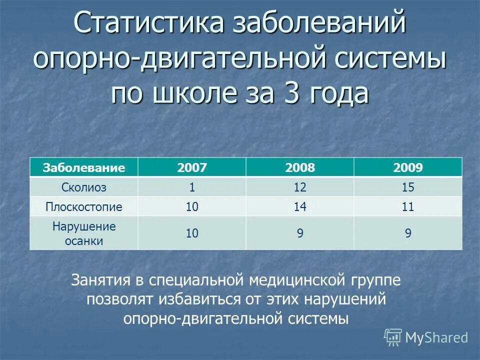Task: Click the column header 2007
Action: (192, 167)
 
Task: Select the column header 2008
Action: (300, 167)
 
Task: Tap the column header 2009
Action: (408, 167)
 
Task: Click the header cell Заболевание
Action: (84, 167)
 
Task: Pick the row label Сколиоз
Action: (84, 187)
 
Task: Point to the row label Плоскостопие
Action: (84, 206)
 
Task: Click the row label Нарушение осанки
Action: (84, 233)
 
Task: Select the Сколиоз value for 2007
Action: (192, 187)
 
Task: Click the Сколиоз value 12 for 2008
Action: (300, 187)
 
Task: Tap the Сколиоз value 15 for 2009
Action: (408, 187)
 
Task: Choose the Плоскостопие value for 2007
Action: (192, 206)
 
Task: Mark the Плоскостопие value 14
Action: (300, 206)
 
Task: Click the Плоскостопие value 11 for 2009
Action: (408, 206)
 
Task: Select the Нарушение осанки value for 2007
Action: (192, 233)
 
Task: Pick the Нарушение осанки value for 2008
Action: (300, 233)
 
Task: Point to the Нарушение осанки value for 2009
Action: (408, 233)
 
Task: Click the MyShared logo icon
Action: (393, 337)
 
